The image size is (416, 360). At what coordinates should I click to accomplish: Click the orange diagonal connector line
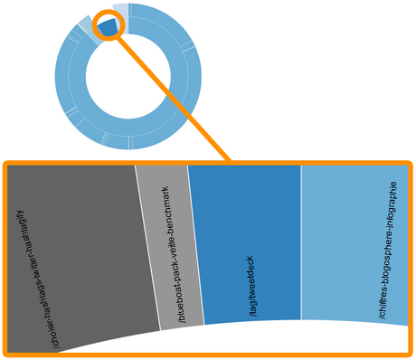(172, 99)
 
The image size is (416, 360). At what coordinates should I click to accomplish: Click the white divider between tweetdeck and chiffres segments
(300, 244)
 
